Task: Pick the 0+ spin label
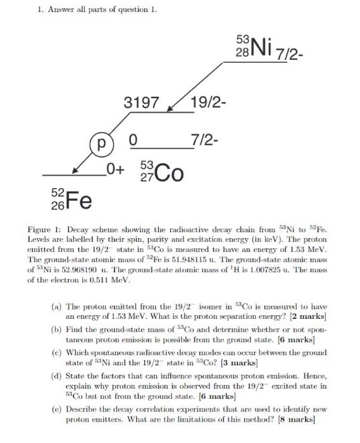point(116,169)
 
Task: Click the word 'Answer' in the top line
point(56,9)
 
